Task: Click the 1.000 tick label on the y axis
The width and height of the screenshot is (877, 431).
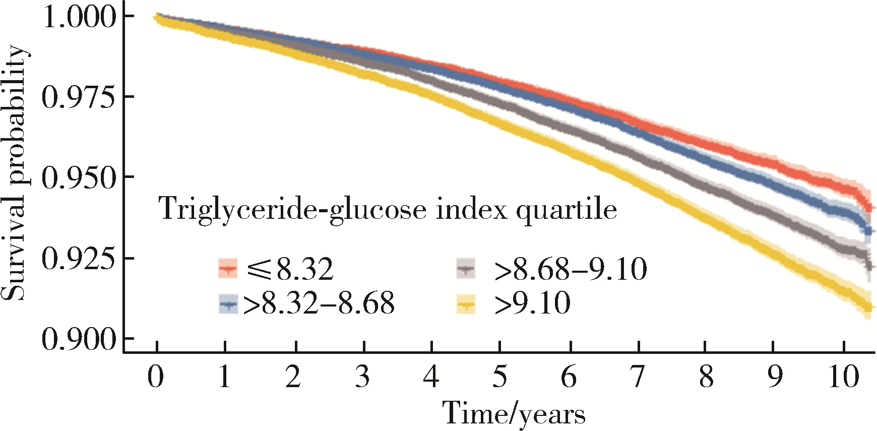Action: [x=80, y=17]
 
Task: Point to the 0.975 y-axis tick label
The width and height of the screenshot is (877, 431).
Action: [x=80, y=97]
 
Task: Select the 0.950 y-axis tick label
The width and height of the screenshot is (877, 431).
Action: [x=80, y=177]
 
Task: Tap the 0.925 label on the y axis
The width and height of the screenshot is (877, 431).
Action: [x=80, y=258]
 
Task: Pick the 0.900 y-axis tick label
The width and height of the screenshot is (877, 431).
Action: [x=80, y=339]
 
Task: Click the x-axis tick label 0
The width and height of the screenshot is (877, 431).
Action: [x=156, y=377]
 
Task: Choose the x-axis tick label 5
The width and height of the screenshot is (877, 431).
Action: [x=499, y=377]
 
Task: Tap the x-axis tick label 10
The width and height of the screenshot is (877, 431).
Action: [x=843, y=377]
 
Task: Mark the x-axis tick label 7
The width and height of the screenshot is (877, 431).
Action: [x=638, y=377]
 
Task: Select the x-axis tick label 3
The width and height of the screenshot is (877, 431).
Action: [x=362, y=377]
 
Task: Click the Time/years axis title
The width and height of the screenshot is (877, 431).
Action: [x=514, y=413]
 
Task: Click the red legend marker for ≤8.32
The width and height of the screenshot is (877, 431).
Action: [x=227, y=268]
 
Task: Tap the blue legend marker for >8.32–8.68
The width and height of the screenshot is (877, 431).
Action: [x=228, y=304]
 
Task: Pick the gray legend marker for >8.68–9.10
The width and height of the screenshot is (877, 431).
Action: [x=466, y=268]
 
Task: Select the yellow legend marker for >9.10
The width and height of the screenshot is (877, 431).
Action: [x=466, y=304]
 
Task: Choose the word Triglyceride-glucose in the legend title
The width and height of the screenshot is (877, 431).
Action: [x=292, y=209]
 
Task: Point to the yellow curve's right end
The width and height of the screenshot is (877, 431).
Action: [x=868, y=307]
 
